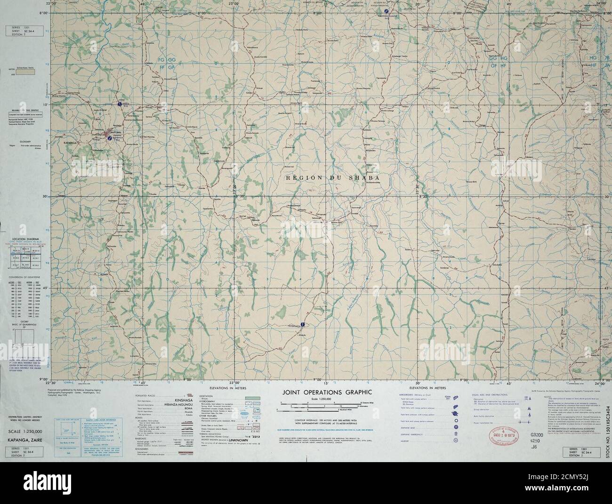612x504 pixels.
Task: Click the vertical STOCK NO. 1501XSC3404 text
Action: (x=607, y=434)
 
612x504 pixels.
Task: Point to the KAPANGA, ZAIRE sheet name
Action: (x=24, y=438)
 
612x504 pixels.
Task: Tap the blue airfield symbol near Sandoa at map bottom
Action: (x=303, y=324)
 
